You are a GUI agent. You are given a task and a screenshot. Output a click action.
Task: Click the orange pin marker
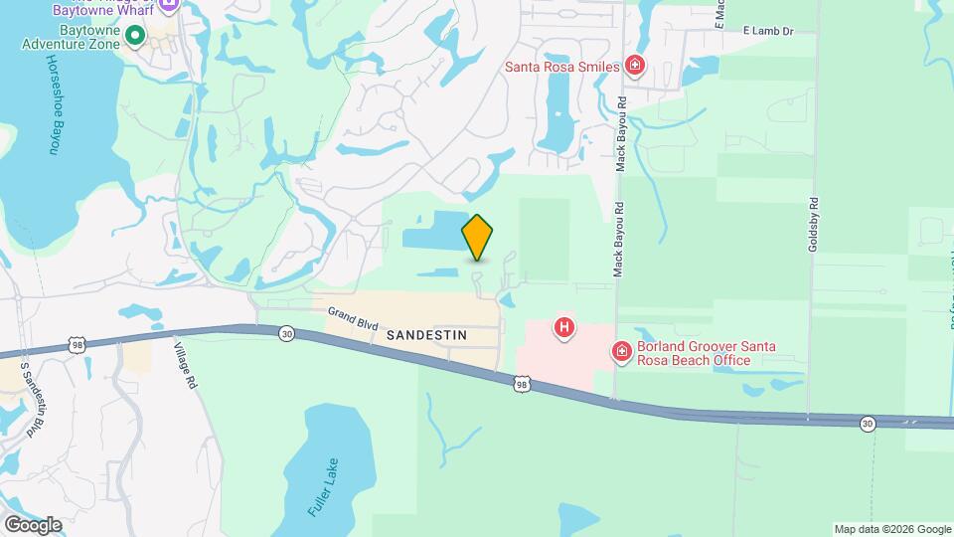click(x=478, y=238)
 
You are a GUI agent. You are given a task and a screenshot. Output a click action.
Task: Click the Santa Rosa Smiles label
click(x=561, y=68)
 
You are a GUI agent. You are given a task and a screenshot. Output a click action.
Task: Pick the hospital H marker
click(x=564, y=327)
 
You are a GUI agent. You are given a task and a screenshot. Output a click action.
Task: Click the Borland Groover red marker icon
click(x=621, y=352)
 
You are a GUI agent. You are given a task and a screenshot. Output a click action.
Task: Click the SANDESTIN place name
click(x=426, y=335)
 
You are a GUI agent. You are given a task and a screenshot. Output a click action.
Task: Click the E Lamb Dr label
click(x=769, y=32)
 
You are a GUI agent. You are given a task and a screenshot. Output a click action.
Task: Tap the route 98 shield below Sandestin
click(x=523, y=383)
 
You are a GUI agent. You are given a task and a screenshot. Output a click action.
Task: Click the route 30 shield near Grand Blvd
click(x=286, y=332)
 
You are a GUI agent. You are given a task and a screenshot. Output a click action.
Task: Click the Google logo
click(x=32, y=524)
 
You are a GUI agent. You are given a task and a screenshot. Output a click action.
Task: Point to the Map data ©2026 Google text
click(x=891, y=529)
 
